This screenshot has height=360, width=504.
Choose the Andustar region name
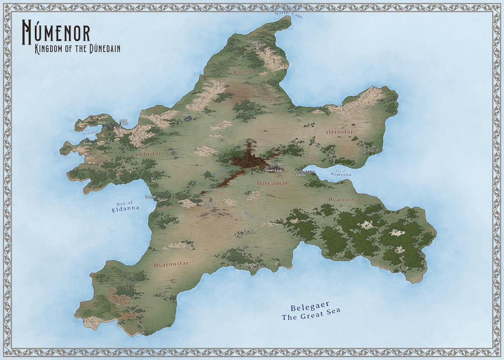pyautogui.click(x=148, y=154)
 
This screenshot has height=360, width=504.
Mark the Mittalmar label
pyautogui.click(x=272, y=182)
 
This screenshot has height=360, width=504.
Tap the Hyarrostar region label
pyautogui.click(x=344, y=199)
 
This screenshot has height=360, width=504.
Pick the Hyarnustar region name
pyautogui.click(x=171, y=264)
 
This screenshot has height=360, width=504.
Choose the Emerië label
pyautogui.click(x=224, y=193)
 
